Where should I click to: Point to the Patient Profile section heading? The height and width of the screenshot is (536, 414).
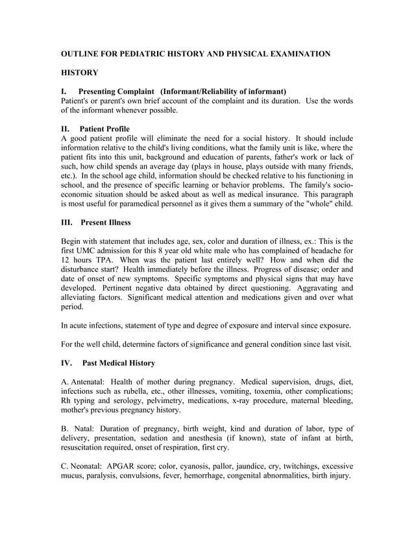[105, 128]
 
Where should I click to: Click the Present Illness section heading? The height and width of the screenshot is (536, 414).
[106, 223]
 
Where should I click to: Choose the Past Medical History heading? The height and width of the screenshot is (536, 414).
[119, 362]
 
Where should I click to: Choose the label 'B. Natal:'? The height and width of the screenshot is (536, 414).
[82, 428]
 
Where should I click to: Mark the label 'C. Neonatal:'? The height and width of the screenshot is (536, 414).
[90, 465]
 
